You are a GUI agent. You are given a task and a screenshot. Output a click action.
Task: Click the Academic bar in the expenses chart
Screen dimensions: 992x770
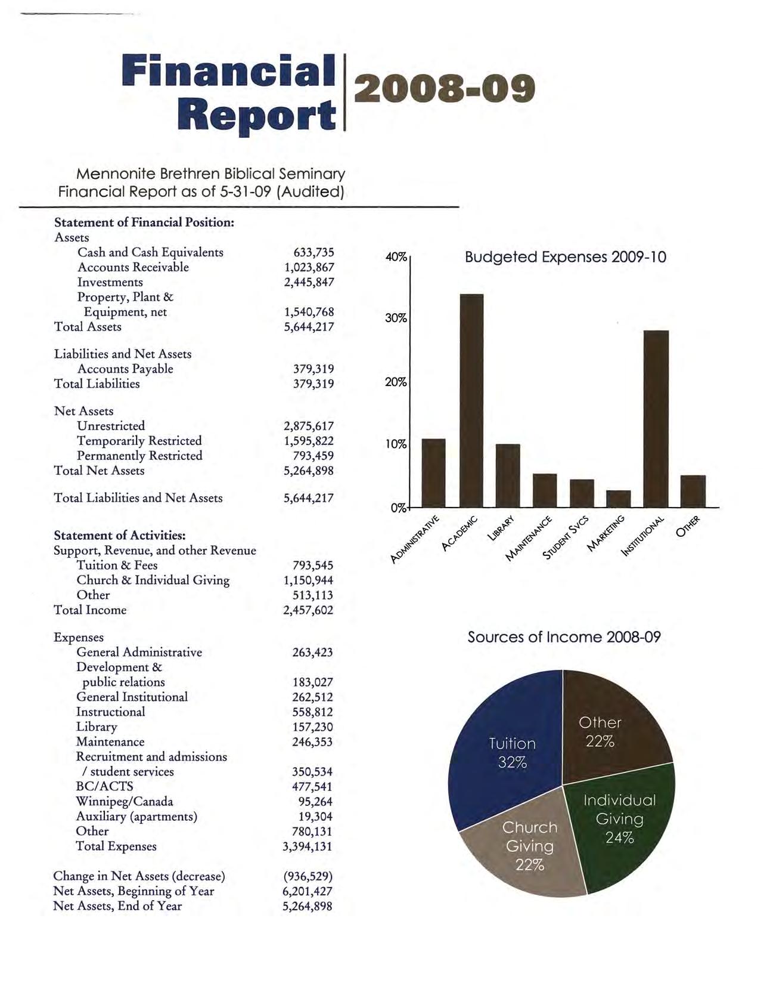[471, 400]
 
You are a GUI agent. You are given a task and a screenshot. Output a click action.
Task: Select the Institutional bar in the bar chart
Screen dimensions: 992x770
[656, 418]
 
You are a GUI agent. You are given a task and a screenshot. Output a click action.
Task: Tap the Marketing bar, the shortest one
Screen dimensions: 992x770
[619, 499]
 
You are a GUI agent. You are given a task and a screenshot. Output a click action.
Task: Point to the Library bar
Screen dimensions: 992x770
[508, 475]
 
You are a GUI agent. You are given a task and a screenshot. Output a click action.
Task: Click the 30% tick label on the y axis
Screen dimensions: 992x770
[396, 319]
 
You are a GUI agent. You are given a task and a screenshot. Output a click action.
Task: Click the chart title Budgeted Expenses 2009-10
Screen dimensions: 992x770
[565, 257]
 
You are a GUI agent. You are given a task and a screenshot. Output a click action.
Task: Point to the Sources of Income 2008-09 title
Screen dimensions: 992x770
[564, 637]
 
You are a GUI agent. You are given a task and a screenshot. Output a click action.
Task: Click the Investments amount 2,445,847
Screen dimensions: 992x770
[309, 282]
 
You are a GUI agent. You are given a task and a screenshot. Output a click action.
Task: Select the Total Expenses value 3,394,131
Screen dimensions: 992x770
[308, 846]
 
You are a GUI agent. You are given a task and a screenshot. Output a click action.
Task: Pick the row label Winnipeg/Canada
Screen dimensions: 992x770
[125, 801]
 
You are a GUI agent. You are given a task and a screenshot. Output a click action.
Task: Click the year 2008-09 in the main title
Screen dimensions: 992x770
[445, 89]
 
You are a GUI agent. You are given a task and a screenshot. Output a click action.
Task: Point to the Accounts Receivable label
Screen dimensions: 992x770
[133, 267]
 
